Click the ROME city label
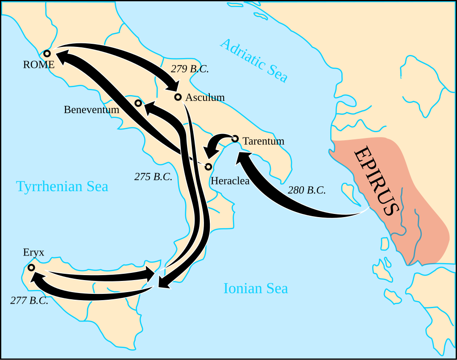coord(39,65)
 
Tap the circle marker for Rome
coord(47,53)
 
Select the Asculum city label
coord(205,97)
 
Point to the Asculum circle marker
coord(178,97)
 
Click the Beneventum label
coord(91,109)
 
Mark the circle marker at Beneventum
coord(138,103)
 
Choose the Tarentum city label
coord(263,141)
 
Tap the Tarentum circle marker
coord(235,138)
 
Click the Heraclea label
coord(230,181)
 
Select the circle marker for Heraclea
coord(208,167)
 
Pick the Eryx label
coord(34,252)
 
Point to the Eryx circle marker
coord(31,268)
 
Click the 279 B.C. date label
coord(190,69)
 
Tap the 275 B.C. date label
coord(153,176)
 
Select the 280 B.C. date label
coord(307,190)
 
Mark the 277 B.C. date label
coord(29,300)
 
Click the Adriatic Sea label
coord(253,60)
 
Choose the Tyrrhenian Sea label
coord(62,186)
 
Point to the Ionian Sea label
coord(255,289)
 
